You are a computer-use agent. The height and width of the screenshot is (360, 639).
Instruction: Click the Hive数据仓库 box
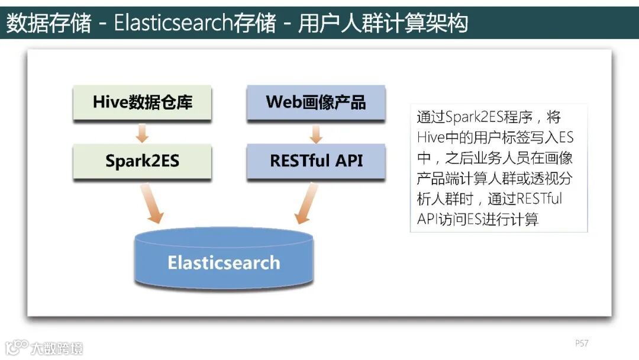(142, 102)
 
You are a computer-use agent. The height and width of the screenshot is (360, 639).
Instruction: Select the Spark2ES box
(142, 161)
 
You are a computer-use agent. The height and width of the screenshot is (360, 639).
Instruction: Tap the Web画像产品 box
(316, 102)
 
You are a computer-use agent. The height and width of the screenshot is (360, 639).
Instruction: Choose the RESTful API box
(316, 161)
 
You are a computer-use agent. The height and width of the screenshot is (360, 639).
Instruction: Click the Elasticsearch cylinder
(224, 261)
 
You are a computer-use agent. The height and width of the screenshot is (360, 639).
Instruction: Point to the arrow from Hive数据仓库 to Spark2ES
(142, 133)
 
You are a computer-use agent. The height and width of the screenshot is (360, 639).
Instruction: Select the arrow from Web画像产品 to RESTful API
(316, 133)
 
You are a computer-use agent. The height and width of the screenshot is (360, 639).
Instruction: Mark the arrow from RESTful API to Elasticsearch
(308, 203)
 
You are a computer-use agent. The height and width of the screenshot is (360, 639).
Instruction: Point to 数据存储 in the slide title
(49, 22)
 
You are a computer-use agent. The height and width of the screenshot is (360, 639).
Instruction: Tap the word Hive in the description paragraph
(430, 137)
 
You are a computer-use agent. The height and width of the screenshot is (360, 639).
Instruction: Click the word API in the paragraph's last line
(427, 219)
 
